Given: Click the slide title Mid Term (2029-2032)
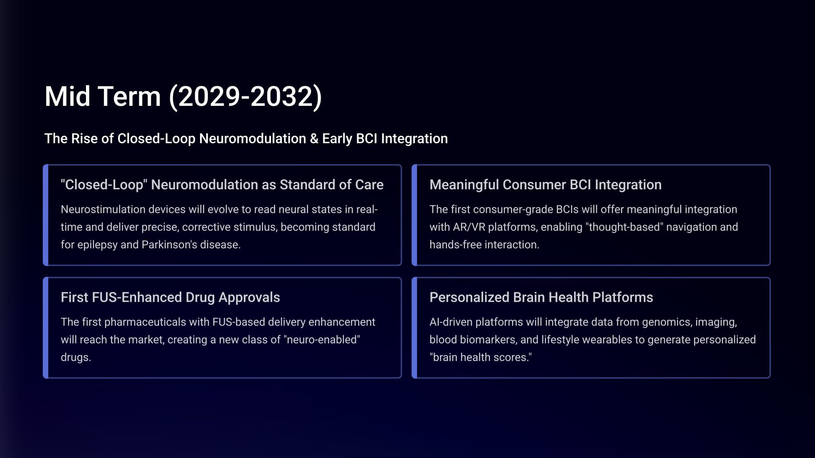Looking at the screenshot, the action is [x=183, y=97].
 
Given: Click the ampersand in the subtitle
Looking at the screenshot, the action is [x=314, y=138].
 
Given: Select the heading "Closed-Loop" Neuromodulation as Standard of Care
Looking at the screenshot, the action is [x=222, y=185].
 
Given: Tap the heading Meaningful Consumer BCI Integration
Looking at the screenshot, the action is [x=546, y=185].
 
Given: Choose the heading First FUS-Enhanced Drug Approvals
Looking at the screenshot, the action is [x=170, y=298].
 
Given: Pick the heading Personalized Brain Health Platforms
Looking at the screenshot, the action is [x=541, y=298].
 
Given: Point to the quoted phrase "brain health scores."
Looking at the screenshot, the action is [x=480, y=357].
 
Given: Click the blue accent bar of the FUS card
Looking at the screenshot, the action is [x=46, y=328].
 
